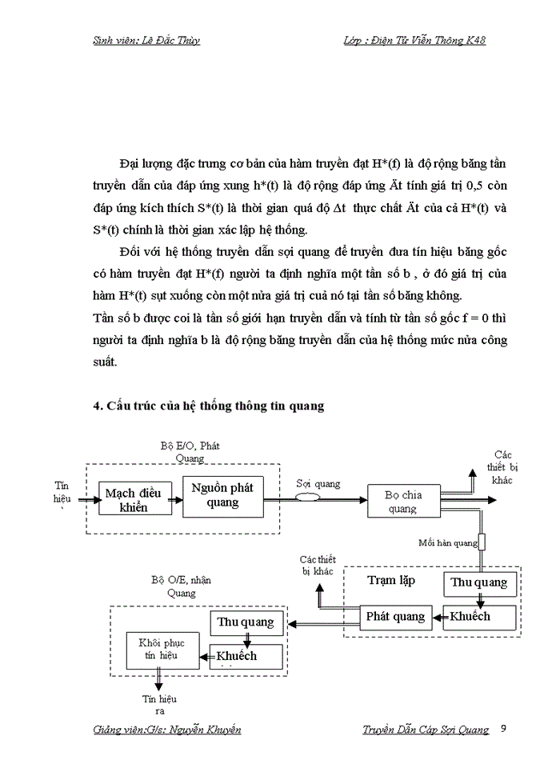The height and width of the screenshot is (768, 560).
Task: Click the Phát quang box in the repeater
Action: tap(394, 616)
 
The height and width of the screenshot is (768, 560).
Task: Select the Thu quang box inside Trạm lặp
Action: tap(479, 583)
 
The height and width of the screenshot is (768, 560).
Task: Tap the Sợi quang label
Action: tap(318, 483)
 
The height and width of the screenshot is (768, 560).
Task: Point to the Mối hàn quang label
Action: tap(447, 542)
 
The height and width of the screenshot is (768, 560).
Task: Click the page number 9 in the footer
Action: tap(502, 729)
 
